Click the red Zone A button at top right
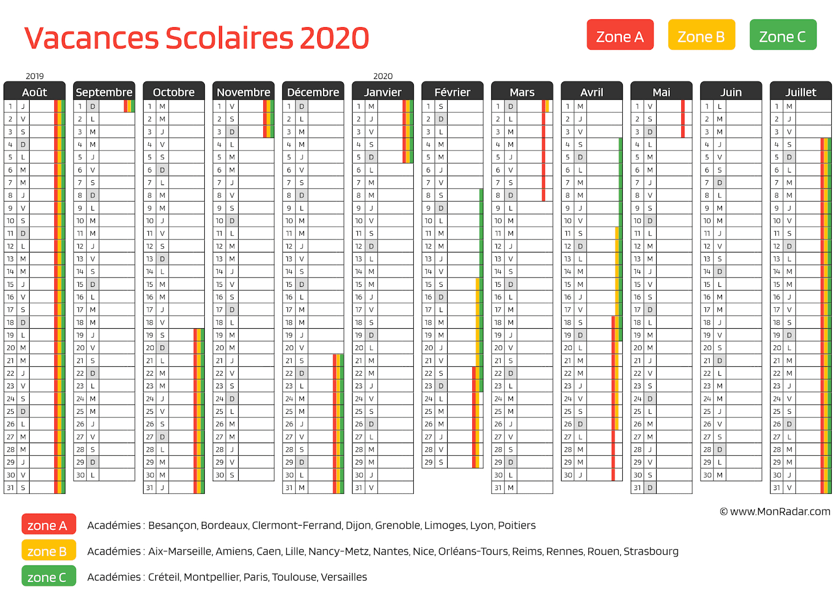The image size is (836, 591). (620, 35)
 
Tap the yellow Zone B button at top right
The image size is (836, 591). (701, 35)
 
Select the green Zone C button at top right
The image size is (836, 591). (783, 35)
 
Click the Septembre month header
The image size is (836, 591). (104, 92)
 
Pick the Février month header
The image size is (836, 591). (452, 92)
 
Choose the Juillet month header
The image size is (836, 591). (800, 92)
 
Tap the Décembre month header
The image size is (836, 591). (313, 92)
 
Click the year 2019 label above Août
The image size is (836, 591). (34, 76)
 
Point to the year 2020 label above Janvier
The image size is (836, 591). (382, 76)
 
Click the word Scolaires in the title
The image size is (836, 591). (229, 38)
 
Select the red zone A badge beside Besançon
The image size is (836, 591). (49, 525)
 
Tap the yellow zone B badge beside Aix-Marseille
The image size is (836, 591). (49, 551)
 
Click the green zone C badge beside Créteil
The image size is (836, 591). (49, 577)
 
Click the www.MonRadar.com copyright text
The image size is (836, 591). (775, 512)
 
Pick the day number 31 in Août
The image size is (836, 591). (10, 488)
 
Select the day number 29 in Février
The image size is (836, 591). (428, 462)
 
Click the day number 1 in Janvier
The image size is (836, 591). (359, 106)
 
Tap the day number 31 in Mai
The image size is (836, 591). (637, 488)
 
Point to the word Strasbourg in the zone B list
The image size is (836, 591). (651, 551)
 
